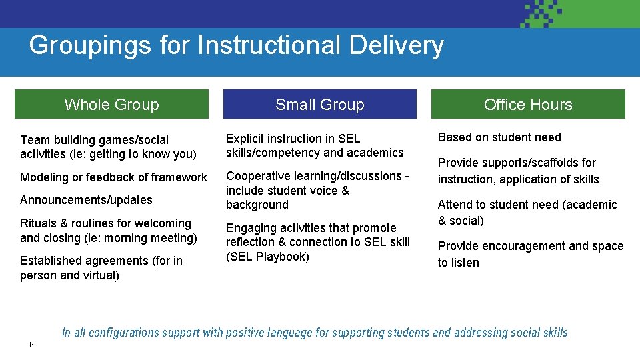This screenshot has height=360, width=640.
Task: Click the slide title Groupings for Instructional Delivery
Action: coord(236,45)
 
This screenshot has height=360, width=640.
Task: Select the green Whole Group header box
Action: coord(111,105)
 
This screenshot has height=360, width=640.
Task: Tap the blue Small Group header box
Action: coord(319,105)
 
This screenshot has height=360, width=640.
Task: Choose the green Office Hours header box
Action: coord(528,105)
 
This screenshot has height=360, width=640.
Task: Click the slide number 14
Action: coord(32,344)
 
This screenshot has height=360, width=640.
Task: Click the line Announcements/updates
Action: coord(86,200)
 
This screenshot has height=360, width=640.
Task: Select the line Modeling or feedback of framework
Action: coord(113,177)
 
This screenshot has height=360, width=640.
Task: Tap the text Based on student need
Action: coord(499,137)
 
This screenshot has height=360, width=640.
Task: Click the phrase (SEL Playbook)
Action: coord(267,257)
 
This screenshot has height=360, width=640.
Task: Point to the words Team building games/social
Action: coord(94,140)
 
